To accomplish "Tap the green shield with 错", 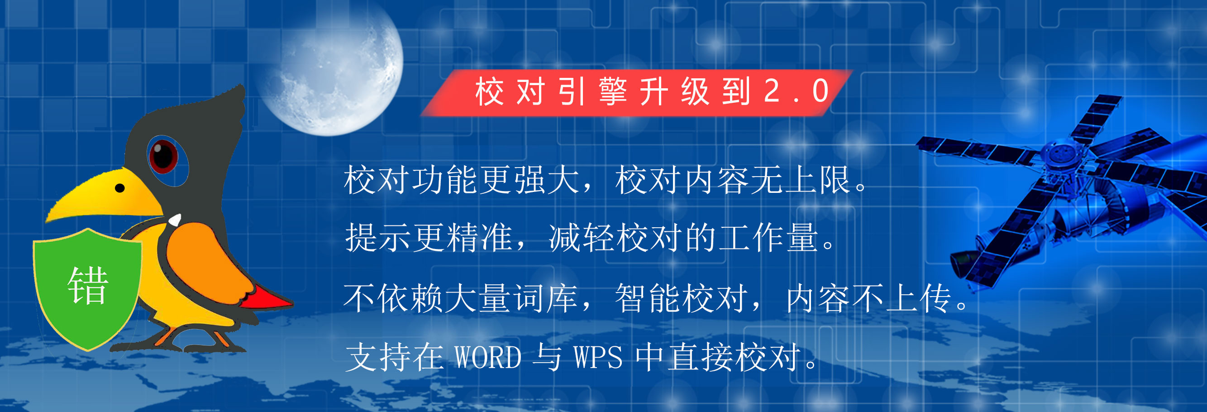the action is tap(88, 288).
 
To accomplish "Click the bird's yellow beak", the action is tap(105, 195).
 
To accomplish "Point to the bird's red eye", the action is tap(163, 156).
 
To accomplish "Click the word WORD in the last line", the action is tap(488, 357).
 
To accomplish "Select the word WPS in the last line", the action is tap(598, 357).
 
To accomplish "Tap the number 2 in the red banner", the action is tap(772, 91).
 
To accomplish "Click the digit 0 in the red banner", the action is tap(821, 91).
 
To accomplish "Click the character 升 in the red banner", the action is tap(654, 91).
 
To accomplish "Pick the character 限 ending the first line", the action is tap(835, 180).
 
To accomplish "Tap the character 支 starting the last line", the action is tap(361, 357).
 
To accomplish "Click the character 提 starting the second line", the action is tap(361, 238).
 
